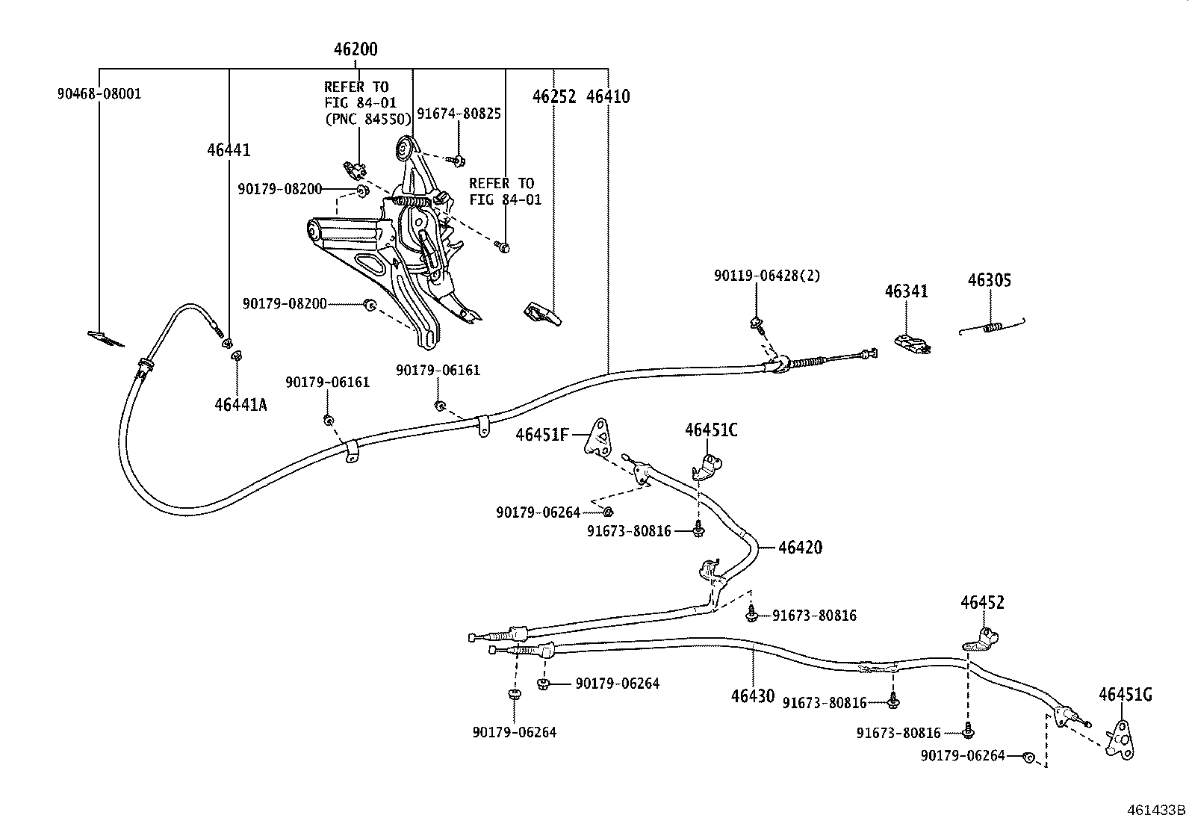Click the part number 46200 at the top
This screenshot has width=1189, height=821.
point(356,50)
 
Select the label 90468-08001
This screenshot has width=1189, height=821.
point(99,94)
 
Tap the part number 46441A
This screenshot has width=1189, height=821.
point(240,405)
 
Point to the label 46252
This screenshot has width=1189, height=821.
point(554,96)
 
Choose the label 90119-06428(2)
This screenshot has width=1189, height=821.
point(766,276)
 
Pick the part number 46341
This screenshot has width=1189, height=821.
point(907,291)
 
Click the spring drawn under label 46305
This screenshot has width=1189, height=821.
point(993,326)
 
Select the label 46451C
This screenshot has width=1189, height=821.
point(711,430)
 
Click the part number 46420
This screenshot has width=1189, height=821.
point(800,548)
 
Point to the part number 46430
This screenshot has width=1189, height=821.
point(753,695)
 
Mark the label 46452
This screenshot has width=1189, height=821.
point(982,602)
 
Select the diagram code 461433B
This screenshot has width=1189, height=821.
point(1157,809)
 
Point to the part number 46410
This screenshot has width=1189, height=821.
point(608,96)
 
